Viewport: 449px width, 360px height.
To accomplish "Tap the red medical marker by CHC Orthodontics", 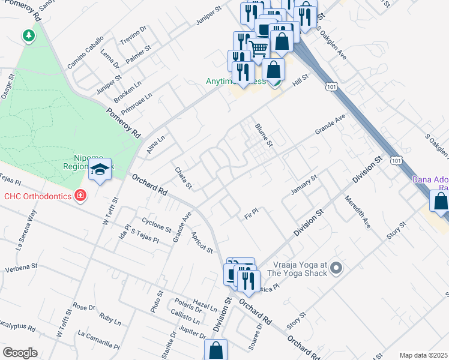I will click(80, 196).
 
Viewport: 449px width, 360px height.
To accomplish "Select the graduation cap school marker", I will click(101, 170).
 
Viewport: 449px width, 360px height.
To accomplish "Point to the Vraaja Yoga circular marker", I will click(336, 268).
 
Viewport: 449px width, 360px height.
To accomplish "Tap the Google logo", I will click(20, 353).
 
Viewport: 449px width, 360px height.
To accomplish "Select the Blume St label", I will click(264, 136).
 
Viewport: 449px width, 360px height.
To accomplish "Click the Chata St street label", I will click(182, 178).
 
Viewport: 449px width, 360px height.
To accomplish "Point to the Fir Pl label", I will click(251, 212).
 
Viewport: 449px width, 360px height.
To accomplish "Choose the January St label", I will click(304, 184).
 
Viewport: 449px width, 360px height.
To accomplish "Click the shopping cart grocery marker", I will click(258, 47).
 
